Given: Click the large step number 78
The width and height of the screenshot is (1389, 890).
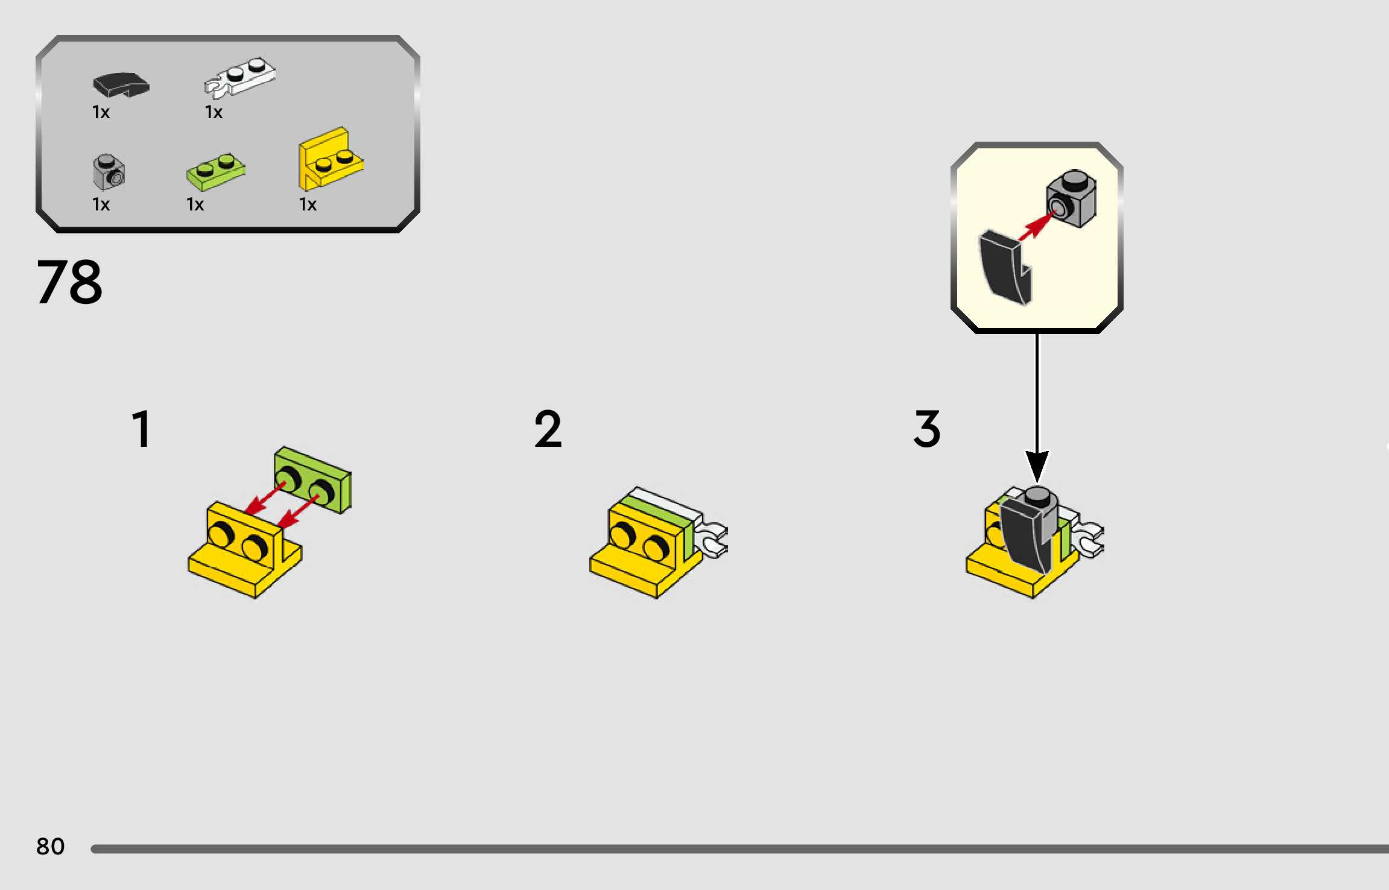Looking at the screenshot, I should (x=69, y=282).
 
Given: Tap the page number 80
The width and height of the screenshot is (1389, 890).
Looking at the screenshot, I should (x=50, y=847).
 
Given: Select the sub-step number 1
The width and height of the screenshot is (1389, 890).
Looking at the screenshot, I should (x=142, y=429).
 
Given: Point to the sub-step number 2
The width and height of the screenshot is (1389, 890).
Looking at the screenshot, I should (x=548, y=429).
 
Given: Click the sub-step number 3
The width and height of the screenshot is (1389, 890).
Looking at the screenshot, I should (x=927, y=429).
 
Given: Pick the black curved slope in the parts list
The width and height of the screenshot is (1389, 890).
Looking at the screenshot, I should (x=121, y=84).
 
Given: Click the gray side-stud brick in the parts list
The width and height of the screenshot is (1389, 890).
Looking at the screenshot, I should (x=109, y=172).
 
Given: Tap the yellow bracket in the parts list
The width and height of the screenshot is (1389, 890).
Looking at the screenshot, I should (x=330, y=159).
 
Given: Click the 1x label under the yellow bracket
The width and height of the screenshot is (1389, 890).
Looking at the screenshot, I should (x=308, y=204).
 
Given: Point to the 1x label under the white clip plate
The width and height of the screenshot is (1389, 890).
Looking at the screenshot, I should (x=214, y=112).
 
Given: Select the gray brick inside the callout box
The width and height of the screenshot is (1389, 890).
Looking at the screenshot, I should (x=1072, y=198).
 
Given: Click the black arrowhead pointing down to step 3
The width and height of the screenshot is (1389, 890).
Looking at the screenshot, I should (x=1037, y=466).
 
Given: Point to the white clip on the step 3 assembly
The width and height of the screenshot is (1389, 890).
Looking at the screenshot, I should (x=1090, y=538).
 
